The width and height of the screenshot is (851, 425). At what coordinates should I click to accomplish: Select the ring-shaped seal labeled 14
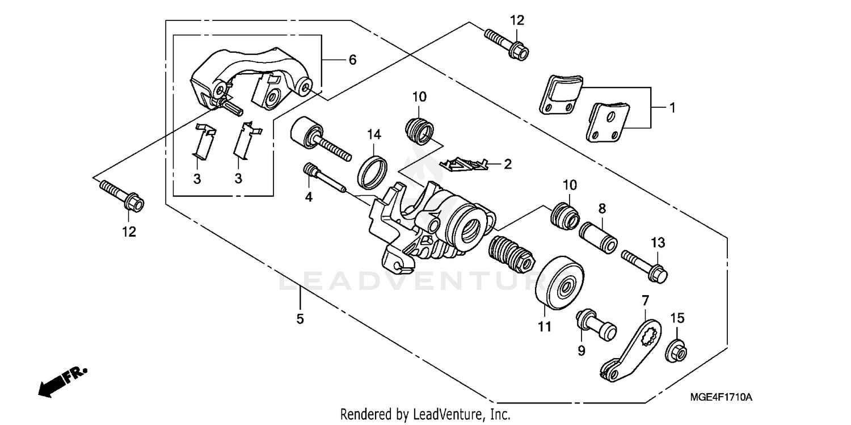click(x=373, y=170)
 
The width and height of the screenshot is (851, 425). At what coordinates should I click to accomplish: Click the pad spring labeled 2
click(x=465, y=164)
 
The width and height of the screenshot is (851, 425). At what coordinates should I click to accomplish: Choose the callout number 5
click(x=300, y=319)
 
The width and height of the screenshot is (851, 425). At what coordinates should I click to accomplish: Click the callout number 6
click(x=352, y=60)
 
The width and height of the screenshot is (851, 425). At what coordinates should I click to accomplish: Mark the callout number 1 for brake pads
click(x=672, y=107)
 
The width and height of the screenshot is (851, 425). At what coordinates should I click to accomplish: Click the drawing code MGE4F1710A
click(x=722, y=398)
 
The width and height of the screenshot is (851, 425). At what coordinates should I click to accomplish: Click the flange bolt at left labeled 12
click(x=121, y=195)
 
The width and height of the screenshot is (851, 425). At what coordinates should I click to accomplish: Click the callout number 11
click(x=545, y=327)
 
